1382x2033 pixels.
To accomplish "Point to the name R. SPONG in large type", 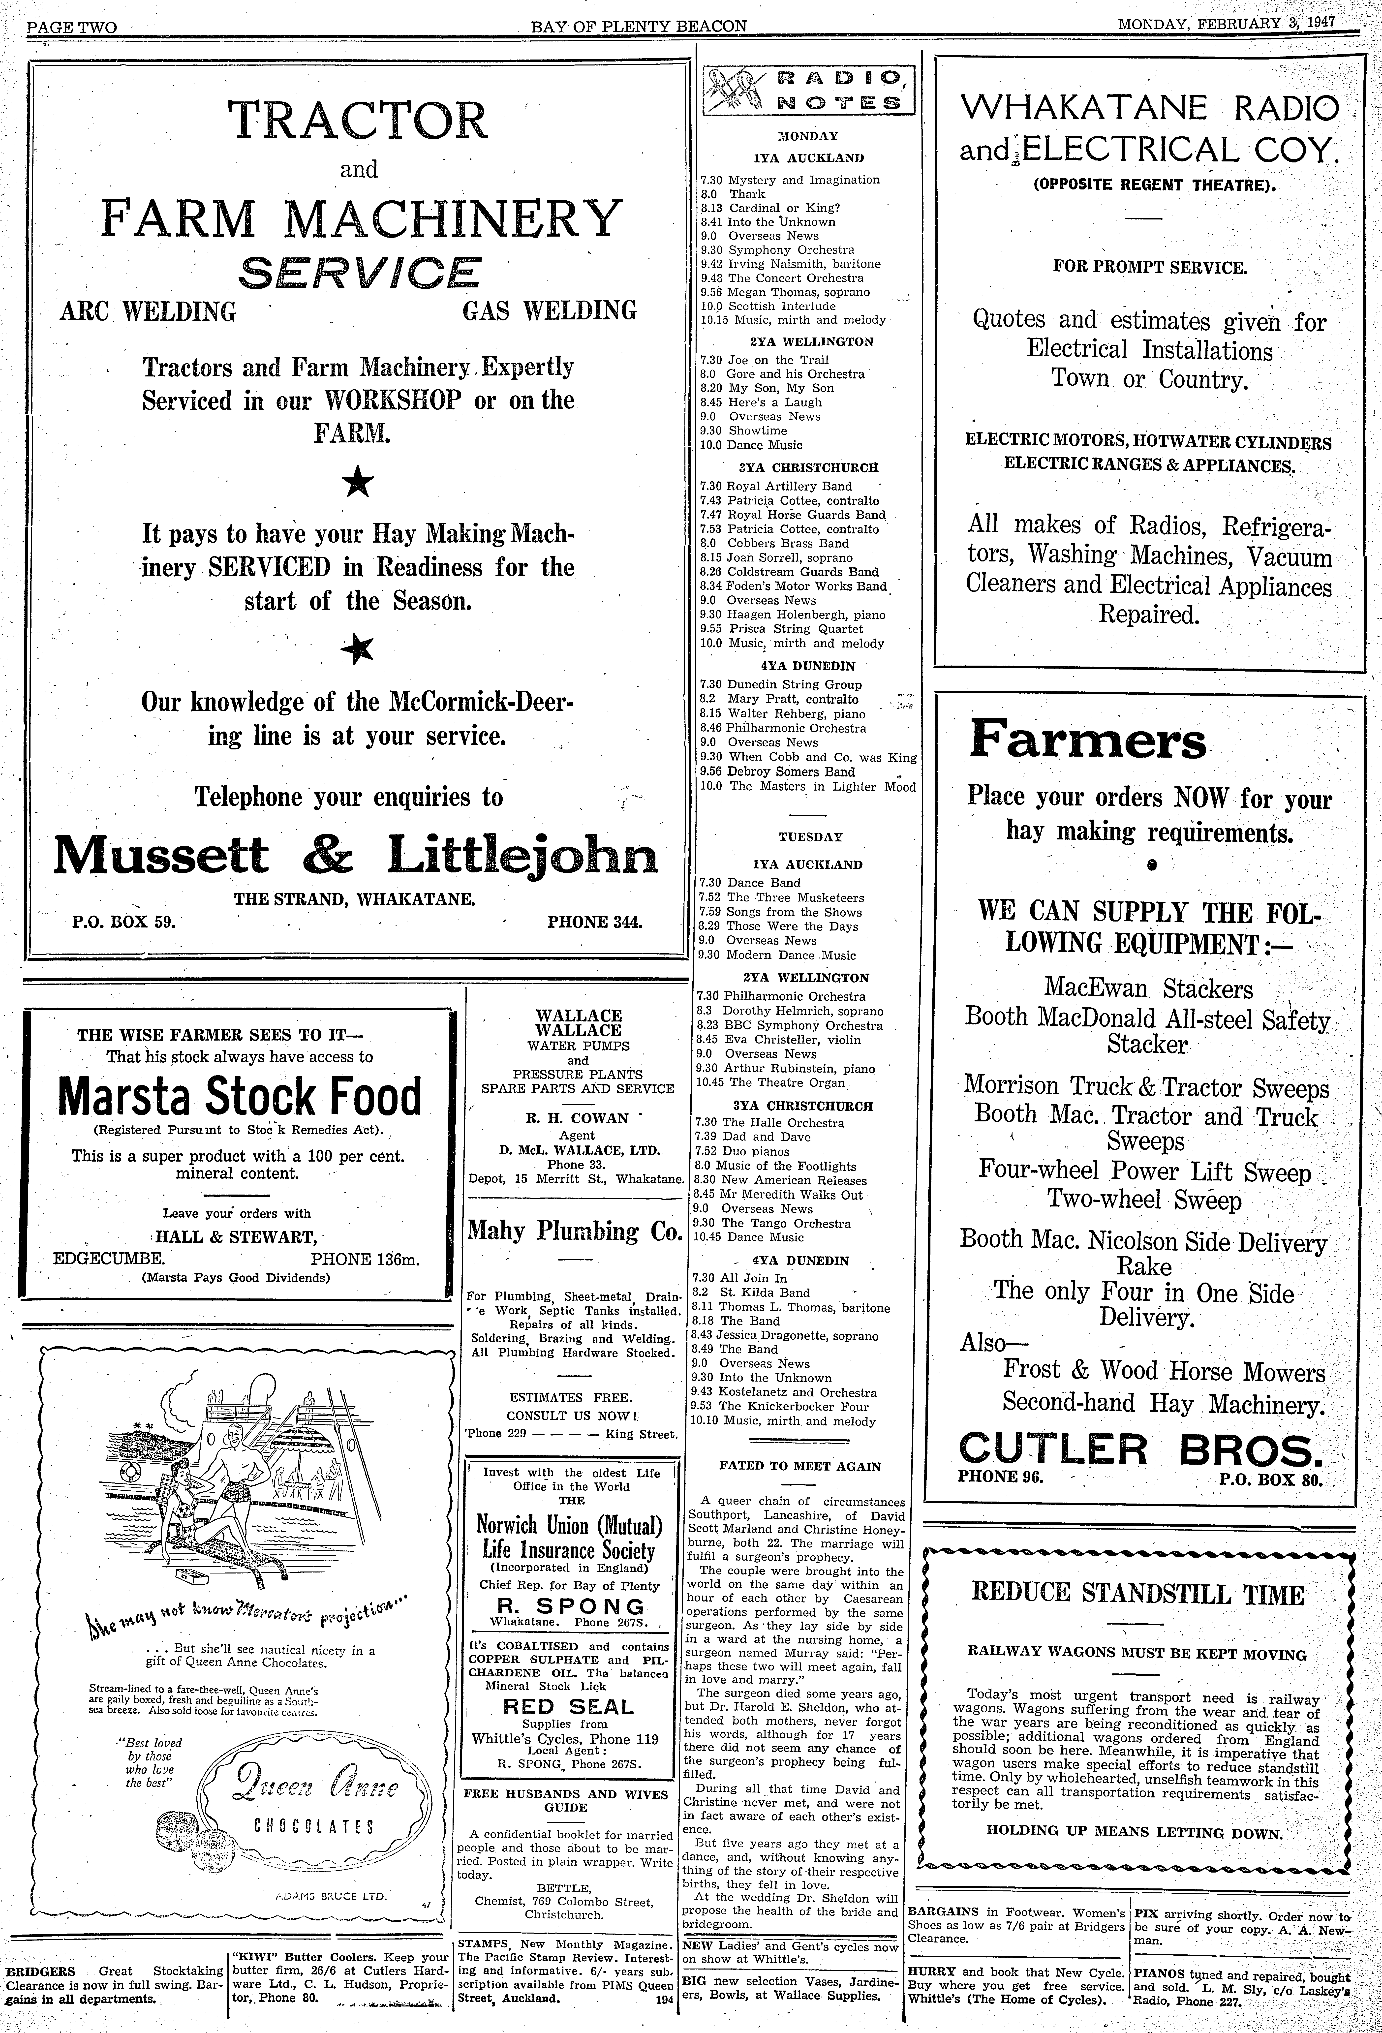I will point(570,1606).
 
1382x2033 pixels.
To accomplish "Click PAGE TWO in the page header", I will point(72,26).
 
